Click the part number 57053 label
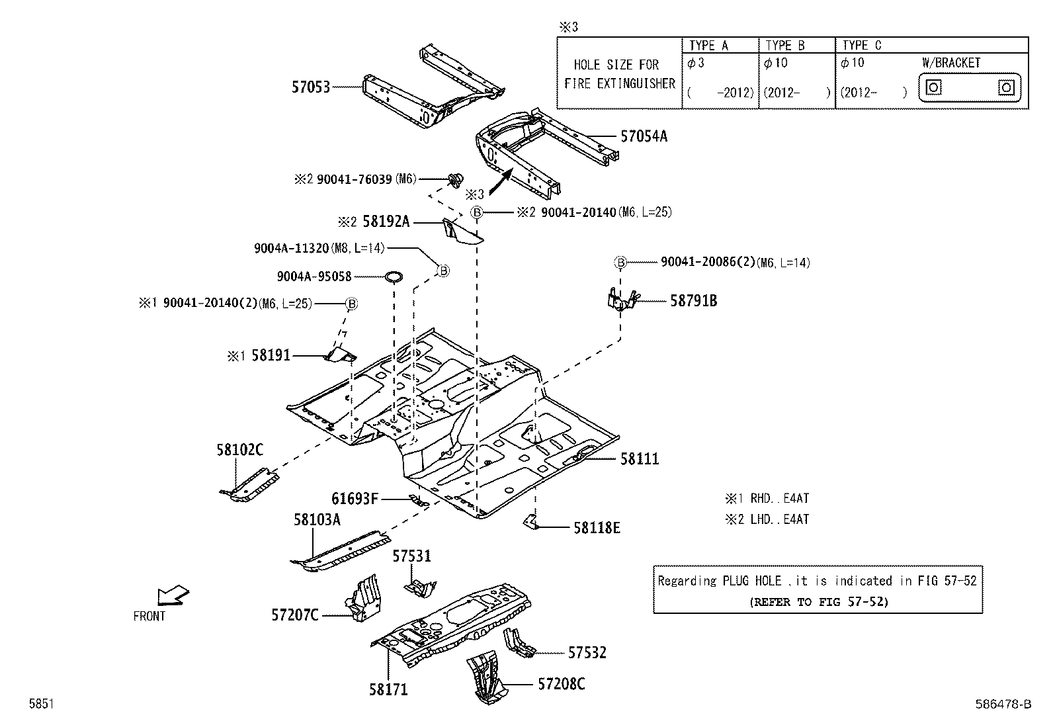310,87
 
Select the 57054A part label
644,137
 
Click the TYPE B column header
784,45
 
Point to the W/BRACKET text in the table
951,63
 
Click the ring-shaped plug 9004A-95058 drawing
394,275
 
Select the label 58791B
693,301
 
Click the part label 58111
639,459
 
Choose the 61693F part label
355,499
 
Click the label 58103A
317,520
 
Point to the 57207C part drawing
363,598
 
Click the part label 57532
587,653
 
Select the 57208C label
561,684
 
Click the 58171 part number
388,690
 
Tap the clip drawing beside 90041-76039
455,179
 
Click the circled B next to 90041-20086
620,263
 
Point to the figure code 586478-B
1003,705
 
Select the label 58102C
239,450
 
